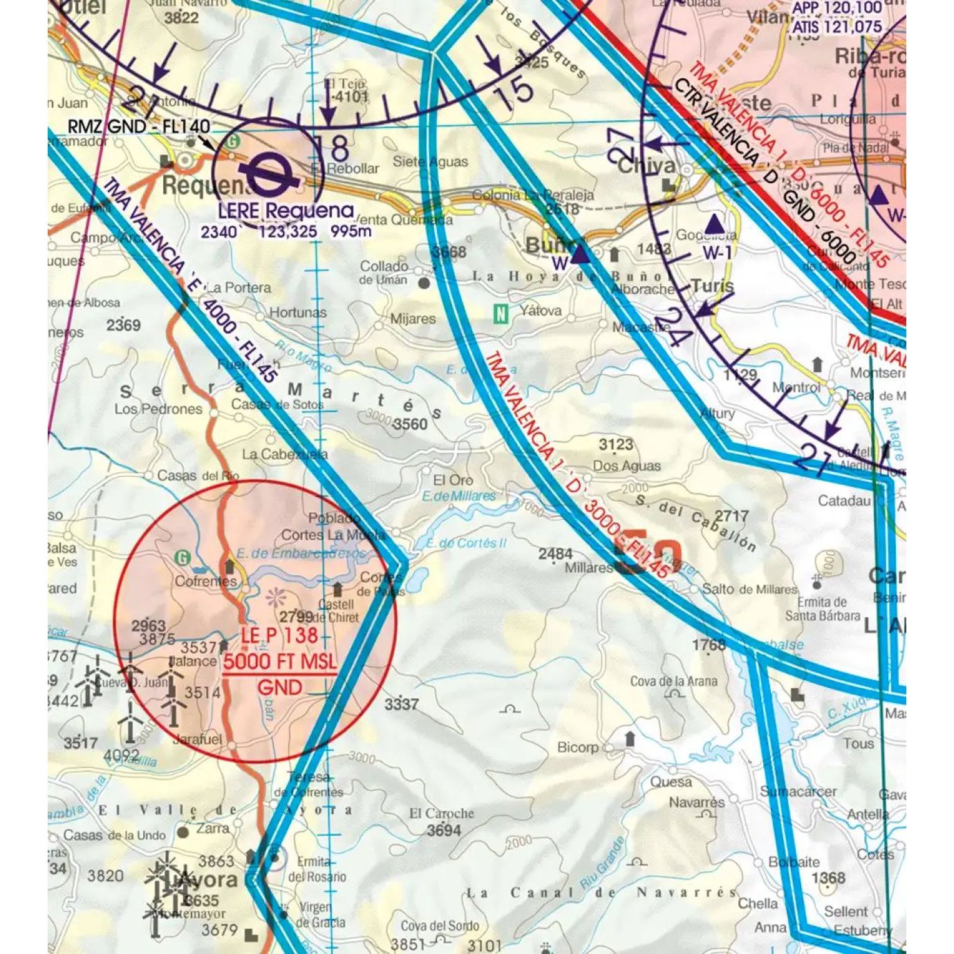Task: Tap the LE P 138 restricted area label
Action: click(279, 635)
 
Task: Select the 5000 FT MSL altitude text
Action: click(279, 662)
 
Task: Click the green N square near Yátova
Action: click(501, 314)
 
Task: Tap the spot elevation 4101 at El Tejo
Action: click(350, 97)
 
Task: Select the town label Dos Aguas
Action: click(626, 466)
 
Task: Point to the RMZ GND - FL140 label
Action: click(138, 127)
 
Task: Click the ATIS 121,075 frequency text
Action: click(837, 28)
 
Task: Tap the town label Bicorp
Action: click(578, 747)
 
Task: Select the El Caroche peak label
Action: click(442, 814)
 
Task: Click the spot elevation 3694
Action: click(443, 830)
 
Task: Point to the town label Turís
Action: click(712, 286)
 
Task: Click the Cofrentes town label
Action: click(205, 581)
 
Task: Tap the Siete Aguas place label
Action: click(430, 162)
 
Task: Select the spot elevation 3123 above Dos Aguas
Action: click(615, 445)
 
